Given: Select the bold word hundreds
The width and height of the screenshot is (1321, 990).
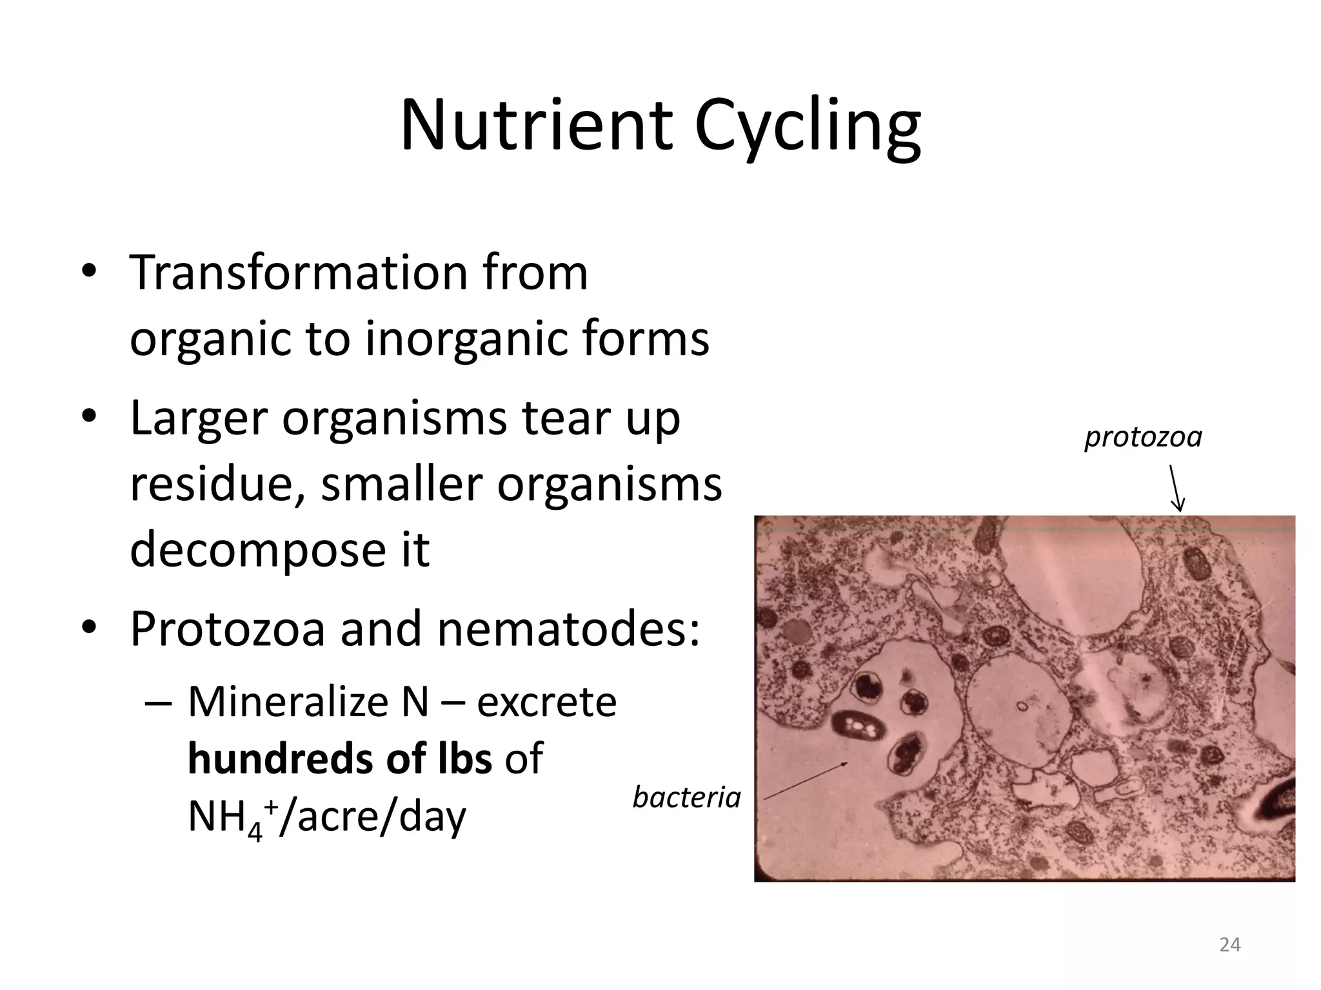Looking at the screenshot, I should coord(277,759).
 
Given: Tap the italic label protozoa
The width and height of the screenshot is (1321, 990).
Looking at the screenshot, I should coord(1143,438).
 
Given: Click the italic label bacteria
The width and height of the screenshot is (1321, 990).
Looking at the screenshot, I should coord(686,799).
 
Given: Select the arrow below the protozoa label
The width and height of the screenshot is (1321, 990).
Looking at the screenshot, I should coord(1177,488).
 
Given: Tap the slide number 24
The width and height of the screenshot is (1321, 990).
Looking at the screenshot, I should coord(1230,945).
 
